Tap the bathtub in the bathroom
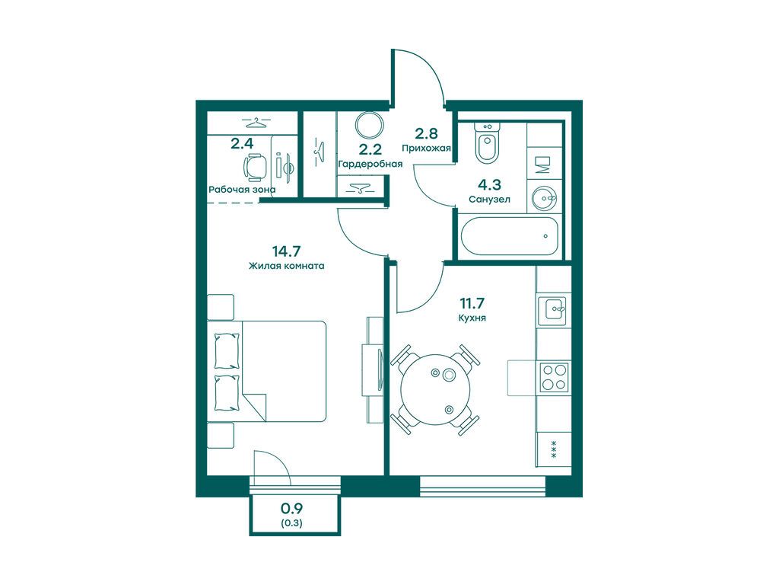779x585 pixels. coord(510,236)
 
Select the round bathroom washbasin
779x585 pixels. coord(545,199)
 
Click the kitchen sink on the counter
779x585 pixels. coord(554,308)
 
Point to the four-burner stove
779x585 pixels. coord(555,378)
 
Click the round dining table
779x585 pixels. coord(435,388)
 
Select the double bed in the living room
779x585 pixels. coord(267,371)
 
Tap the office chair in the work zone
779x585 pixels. coord(255,166)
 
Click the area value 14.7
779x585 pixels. coord(287,251)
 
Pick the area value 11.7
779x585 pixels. coord(472,302)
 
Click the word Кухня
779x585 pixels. coord(472,318)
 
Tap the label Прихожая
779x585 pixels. coord(426,148)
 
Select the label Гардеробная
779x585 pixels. coord(370,164)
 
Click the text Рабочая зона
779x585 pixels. coord(242,190)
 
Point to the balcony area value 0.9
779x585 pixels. coord(292,508)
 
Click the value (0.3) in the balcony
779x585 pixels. coord(292,523)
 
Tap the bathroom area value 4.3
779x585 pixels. coord(489,185)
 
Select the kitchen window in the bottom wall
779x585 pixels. coord(482,486)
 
